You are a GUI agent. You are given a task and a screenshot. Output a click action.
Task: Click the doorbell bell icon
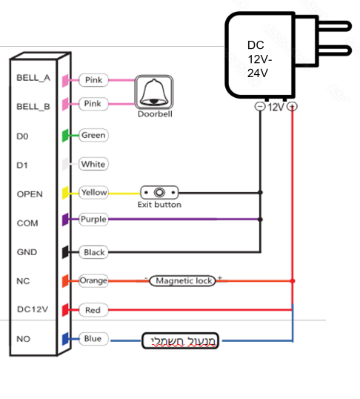pyautogui.click(x=154, y=92)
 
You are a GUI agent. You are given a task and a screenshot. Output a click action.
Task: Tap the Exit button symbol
pyautogui.click(x=159, y=192)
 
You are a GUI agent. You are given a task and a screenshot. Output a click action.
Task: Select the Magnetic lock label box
pyautogui.click(x=182, y=280)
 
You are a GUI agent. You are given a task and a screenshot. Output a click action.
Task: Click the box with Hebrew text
pyautogui.click(x=180, y=340)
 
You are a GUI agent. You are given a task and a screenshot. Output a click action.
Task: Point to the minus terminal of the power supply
pyautogui.click(x=260, y=106)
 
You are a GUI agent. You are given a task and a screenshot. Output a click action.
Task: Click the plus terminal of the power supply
pyautogui.click(x=292, y=106)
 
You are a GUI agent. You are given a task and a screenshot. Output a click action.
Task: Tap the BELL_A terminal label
pyautogui.click(x=33, y=78)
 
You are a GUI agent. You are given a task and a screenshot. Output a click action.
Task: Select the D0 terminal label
pyautogui.click(x=22, y=136)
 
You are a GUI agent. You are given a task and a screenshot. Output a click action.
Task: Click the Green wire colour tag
pyautogui.click(x=93, y=135)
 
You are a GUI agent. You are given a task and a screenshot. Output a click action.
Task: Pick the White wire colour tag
pyautogui.click(x=93, y=164)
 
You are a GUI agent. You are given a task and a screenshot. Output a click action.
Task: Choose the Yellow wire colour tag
pyautogui.click(x=93, y=192)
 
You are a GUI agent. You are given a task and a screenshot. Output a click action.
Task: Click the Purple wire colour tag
pyautogui.click(x=93, y=219)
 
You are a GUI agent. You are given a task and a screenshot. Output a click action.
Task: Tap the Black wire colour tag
pyautogui.click(x=93, y=252)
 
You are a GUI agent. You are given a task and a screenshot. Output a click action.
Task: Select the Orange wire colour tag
pyautogui.click(x=93, y=280)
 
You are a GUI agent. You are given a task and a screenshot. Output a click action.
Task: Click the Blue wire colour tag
pyautogui.click(x=93, y=339)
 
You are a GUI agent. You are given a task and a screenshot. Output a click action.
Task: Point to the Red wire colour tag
pyautogui.click(x=93, y=310)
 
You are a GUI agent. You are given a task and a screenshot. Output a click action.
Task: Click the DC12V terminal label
pyautogui.click(x=33, y=309)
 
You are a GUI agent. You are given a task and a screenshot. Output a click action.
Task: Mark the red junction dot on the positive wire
pyautogui.click(x=293, y=280)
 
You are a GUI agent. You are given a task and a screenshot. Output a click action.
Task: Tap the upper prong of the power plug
pyautogui.click(x=335, y=26)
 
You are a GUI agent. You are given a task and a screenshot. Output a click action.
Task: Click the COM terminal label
pyautogui.click(x=27, y=223)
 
